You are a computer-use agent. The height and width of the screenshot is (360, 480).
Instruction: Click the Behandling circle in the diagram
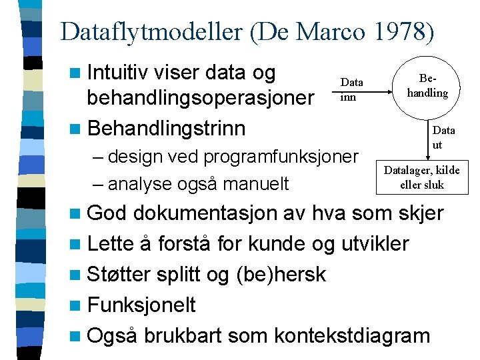(427, 87)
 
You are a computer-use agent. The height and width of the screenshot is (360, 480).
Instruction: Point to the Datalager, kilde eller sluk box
(421, 177)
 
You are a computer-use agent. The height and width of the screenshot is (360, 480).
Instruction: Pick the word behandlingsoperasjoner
(201, 99)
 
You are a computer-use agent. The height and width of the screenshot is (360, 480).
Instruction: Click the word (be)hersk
(281, 274)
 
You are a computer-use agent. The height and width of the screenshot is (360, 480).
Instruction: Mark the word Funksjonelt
(141, 305)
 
